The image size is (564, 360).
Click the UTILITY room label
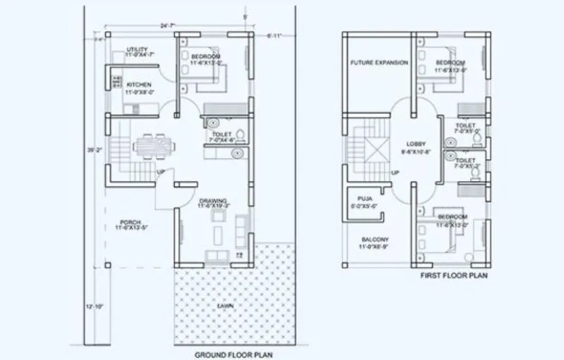[x=137, y=49]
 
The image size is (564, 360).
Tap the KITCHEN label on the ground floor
[x=138, y=85]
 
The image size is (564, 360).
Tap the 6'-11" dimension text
[x=274, y=35]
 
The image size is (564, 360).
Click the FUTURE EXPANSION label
[x=379, y=63]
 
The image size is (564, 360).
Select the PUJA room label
[x=364, y=199]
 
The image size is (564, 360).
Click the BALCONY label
[x=374, y=240]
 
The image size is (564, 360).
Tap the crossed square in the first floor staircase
[x=373, y=150]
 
